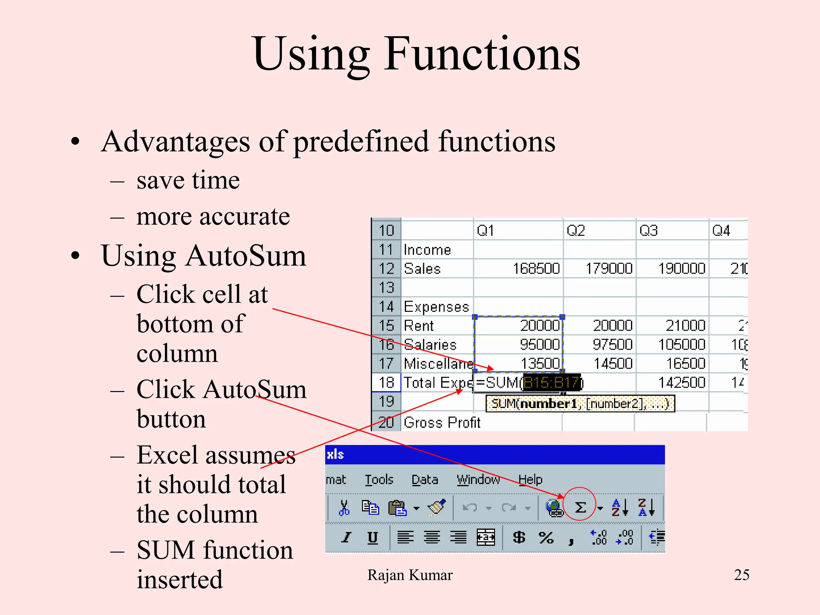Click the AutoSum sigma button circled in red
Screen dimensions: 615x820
pyautogui.click(x=580, y=507)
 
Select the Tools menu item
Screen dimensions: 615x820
pyautogui.click(x=379, y=479)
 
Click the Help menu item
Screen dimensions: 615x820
pyautogui.click(x=530, y=479)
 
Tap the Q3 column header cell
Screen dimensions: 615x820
pyautogui.click(x=649, y=231)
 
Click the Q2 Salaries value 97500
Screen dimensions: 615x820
pyautogui.click(x=612, y=345)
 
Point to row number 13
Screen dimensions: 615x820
pyautogui.click(x=386, y=287)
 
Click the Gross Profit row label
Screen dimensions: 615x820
pyautogui.click(x=442, y=423)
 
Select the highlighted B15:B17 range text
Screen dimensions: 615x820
pyautogui.click(x=551, y=383)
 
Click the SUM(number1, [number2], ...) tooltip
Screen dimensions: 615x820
pyautogui.click(x=580, y=404)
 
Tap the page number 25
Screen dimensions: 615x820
pyautogui.click(x=742, y=575)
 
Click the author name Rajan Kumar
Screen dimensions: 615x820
pyautogui.click(x=410, y=575)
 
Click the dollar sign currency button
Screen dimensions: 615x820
pyautogui.click(x=519, y=537)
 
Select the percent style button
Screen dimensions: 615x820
pyautogui.click(x=546, y=537)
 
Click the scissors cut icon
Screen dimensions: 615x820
pyautogui.click(x=344, y=508)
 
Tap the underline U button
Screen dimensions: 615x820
pyautogui.click(x=372, y=537)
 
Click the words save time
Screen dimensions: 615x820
pyautogui.click(x=188, y=180)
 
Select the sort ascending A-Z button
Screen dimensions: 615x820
pyautogui.click(x=619, y=508)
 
